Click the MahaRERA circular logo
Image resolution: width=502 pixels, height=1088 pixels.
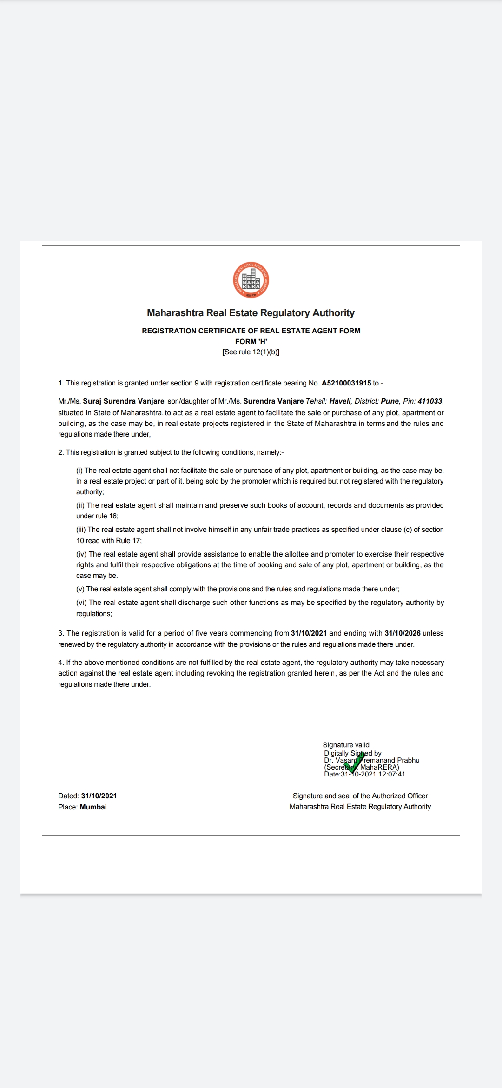coord(251,280)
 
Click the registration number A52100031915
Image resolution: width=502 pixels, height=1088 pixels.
coord(346,383)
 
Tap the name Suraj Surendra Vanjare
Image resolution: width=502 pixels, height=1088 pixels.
coord(124,401)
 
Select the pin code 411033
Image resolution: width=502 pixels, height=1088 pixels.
coord(430,401)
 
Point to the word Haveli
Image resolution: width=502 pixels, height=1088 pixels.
coord(340,401)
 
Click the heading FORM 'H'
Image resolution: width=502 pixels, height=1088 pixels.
coord(251,341)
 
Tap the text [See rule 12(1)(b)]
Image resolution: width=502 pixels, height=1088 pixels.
coord(251,352)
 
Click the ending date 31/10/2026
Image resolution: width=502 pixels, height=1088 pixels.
coord(403,633)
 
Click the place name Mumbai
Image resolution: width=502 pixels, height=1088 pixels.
coord(93,807)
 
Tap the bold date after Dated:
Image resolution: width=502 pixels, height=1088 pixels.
coord(99,796)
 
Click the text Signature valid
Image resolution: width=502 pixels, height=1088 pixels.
coord(346,745)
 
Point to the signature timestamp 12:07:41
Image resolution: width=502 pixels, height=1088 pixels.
coord(392,774)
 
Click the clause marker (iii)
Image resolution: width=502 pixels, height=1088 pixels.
coord(81,530)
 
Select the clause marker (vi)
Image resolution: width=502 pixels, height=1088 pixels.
coord(81,603)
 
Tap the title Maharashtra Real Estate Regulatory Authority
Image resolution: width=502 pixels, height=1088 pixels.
coord(251,313)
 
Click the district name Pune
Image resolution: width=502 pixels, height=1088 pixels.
coord(390,401)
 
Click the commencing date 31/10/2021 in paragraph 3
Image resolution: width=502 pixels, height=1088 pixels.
coord(309,633)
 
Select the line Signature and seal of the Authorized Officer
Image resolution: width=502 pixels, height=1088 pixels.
coord(360,796)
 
